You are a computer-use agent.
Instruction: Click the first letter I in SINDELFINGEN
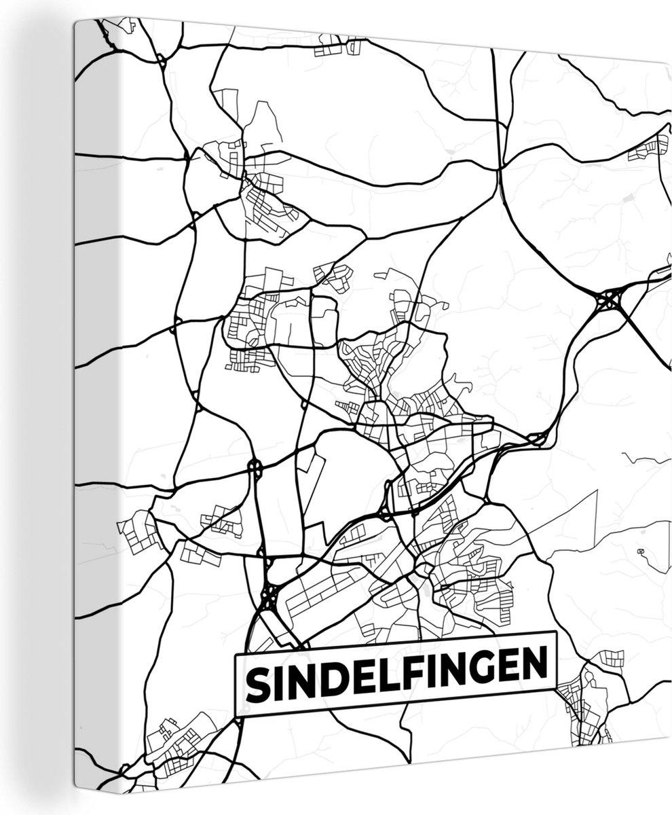(x=278, y=684)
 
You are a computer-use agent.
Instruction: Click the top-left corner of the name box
(x=234, y=655)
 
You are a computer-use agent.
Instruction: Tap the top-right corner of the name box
(x=555, y=632)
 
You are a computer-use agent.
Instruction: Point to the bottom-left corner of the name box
(x=236, y=717)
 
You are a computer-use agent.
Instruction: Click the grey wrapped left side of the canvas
(x=84, y=407)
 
